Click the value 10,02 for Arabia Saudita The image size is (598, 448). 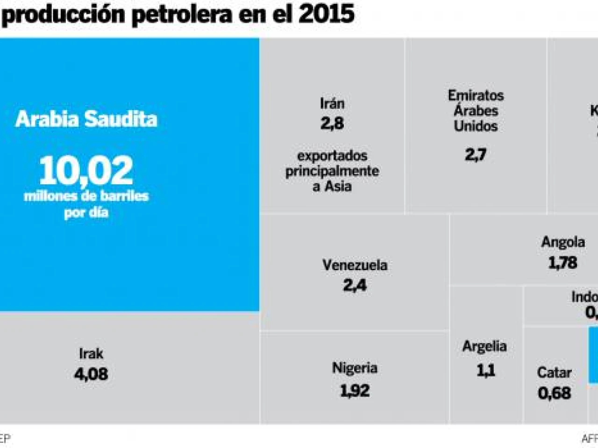tap(86, 171)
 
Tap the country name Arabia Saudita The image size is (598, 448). tap(86, 119)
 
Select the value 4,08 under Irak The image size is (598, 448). tap(91, 374)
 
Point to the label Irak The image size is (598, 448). tap(91, 354)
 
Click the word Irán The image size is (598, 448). tap(332, 103)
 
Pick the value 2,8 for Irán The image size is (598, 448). tap(332, 123)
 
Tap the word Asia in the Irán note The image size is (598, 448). tap(338, 186)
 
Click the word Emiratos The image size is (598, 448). tap(476, 96)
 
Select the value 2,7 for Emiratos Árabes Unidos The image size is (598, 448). tap(476, 154)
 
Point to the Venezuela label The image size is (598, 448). tap(355, 265)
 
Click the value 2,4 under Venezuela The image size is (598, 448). tap(355, 285)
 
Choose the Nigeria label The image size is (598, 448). tap(355, 368)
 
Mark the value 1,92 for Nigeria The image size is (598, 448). tap(355, 390)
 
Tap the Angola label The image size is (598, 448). tap(563, 242)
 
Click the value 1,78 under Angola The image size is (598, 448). tap(563, 263)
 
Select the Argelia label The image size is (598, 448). tap(485, 346)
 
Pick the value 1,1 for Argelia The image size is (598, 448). tap(485, 371)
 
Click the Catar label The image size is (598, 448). tap(554, 372)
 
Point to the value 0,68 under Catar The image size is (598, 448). tap(554, 393)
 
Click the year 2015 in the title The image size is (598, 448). tap(327, 14)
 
